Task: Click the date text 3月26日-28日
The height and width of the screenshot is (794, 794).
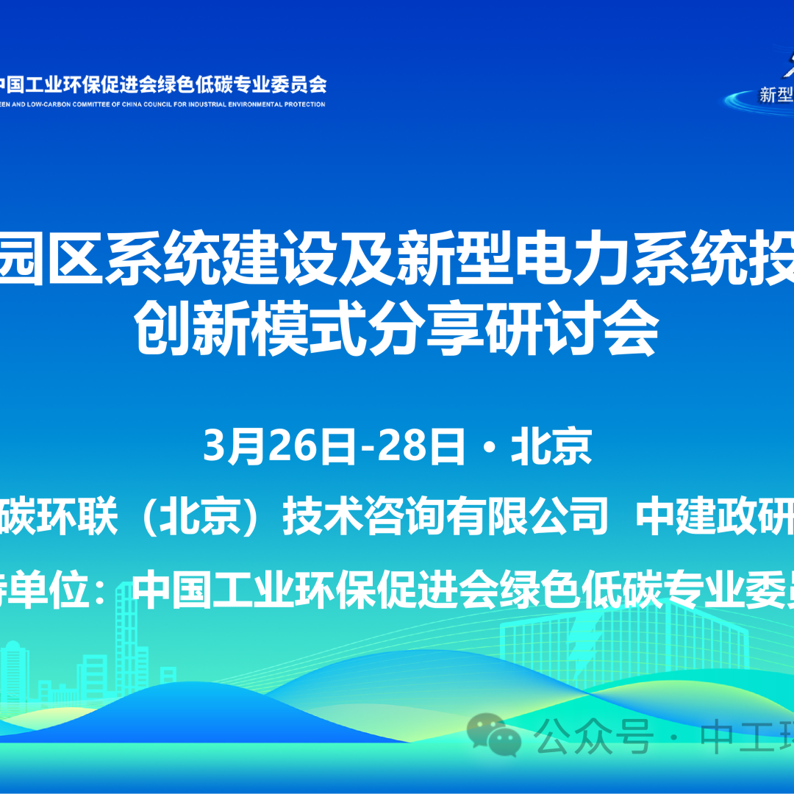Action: click(x=335, y=446)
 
